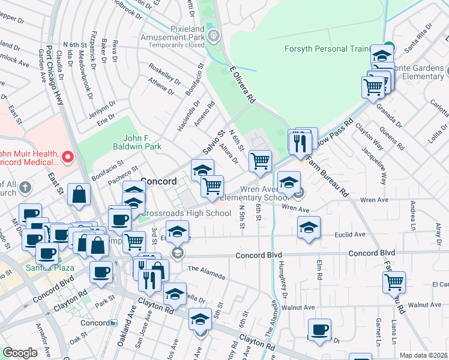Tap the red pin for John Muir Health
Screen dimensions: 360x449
coord(67,158)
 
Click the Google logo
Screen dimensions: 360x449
coord(19,353)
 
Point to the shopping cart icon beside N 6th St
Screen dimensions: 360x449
coord(260,161)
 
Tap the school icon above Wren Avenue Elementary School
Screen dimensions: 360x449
coord(289,181)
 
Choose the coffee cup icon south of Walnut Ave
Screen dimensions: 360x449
coord(319,329)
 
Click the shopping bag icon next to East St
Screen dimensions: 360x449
coord(79,194)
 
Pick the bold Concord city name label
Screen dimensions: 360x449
coord(158,181)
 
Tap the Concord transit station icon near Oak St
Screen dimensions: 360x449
coord(114,323)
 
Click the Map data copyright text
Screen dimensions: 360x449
coord(424,355)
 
